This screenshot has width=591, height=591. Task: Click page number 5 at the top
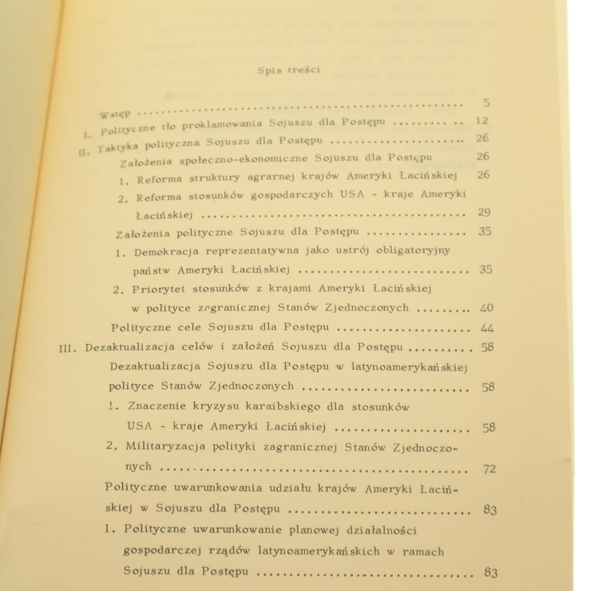[x=486, y=103]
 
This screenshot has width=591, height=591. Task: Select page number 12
[x=482, y=121]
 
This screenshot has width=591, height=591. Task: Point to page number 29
[x=484, y=212]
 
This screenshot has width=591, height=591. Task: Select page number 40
[x=486, y=308]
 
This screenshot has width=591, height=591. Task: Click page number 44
[x=487, y=328]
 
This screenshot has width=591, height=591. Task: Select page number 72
[x=489, y=469]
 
